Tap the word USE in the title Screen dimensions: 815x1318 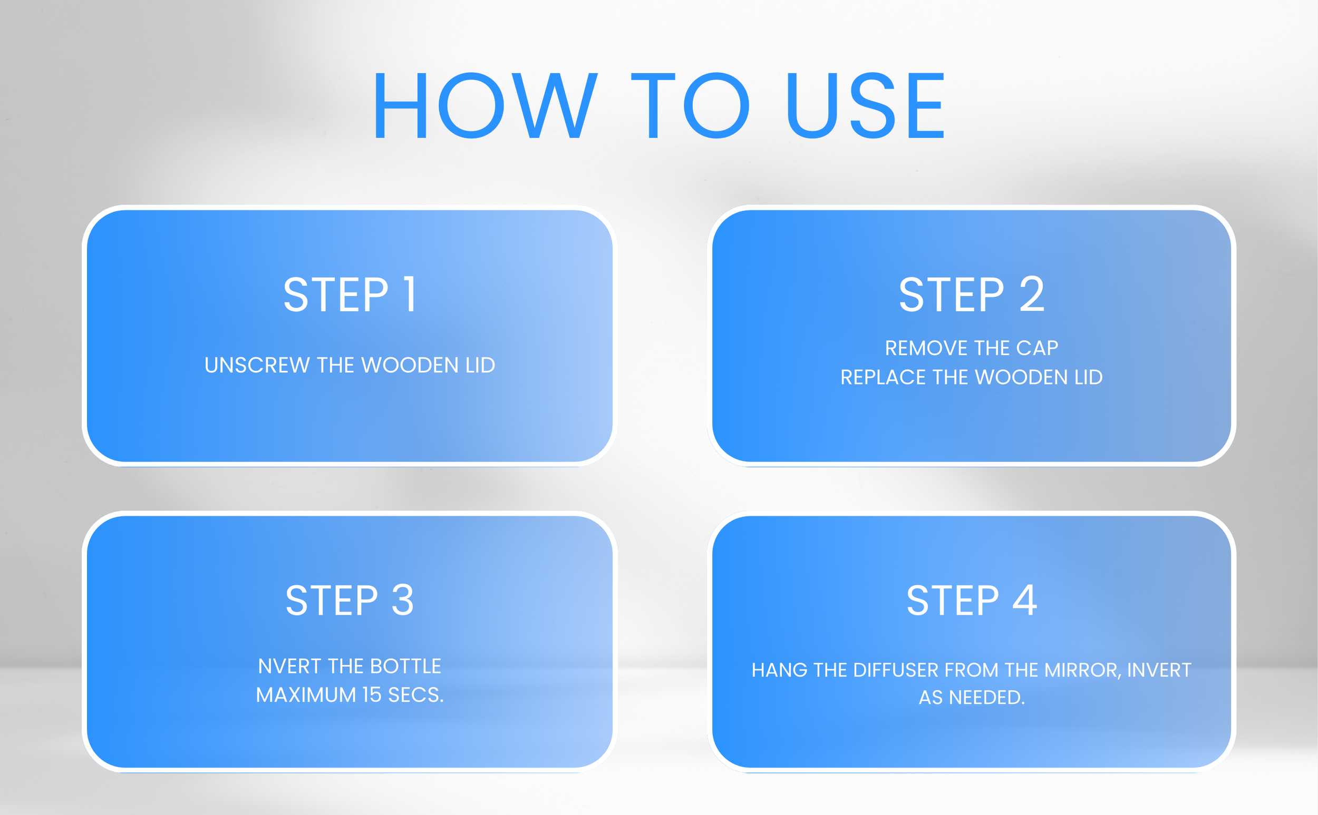coord(866,106)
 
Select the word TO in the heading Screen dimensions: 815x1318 coord(690,106)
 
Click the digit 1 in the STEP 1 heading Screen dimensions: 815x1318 coord(410,294)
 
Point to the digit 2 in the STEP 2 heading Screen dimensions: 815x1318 coord(1032,294)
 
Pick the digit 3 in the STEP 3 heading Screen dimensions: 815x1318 coord(402,600)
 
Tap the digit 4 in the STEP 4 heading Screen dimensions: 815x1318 coord(1025,600)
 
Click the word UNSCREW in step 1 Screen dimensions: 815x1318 coord(256,366)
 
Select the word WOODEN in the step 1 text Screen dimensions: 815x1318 coord(410,366)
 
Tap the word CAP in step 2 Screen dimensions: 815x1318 coord(1037,348)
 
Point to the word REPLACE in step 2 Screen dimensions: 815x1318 coord(884,377)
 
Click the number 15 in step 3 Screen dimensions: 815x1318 coord(372,695)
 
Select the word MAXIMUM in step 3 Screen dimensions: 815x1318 coord(306,695)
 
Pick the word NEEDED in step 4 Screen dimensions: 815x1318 coord(986,698)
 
